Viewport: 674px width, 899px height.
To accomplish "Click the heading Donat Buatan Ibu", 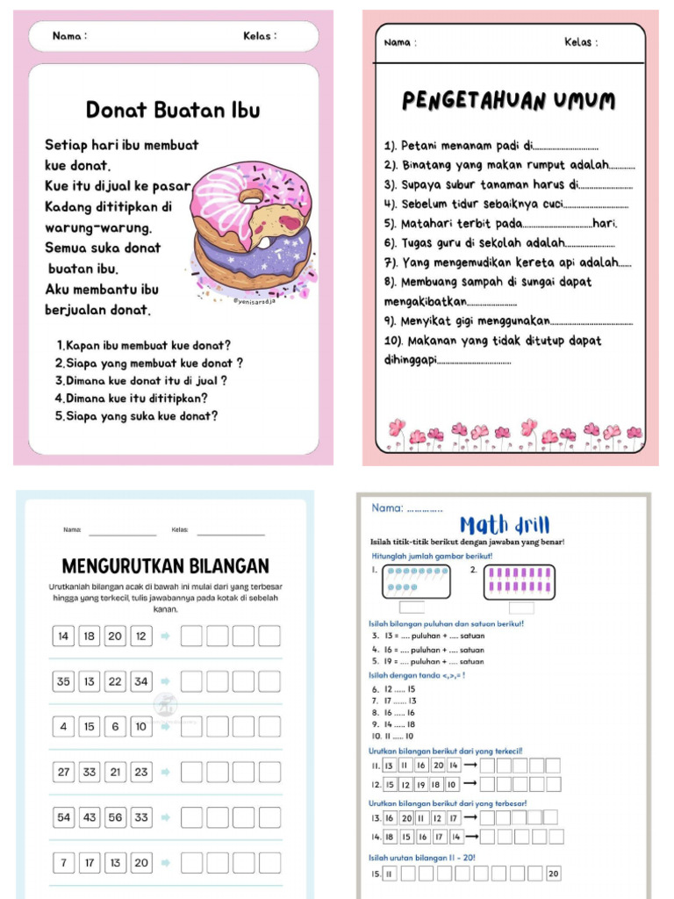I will point(173,111).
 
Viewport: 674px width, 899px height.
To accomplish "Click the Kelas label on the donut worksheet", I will point(260,36).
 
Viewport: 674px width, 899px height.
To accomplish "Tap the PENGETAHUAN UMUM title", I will point(509,102).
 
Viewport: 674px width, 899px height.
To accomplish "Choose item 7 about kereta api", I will point(507,263).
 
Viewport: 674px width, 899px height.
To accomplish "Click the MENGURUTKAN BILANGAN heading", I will point(165,566).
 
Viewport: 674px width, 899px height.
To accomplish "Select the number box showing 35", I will point(64,681).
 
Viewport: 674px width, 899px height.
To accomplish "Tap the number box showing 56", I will point(115,817).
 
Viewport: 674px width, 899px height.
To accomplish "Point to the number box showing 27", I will point(64,773).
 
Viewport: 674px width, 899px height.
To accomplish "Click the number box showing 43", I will point(90,817).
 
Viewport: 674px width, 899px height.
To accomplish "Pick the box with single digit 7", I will point(64,863).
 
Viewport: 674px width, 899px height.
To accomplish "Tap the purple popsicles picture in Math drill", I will point(510,581).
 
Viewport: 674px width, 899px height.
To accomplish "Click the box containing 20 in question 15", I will point(553,874).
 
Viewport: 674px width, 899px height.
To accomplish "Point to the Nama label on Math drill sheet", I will point(387,507).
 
